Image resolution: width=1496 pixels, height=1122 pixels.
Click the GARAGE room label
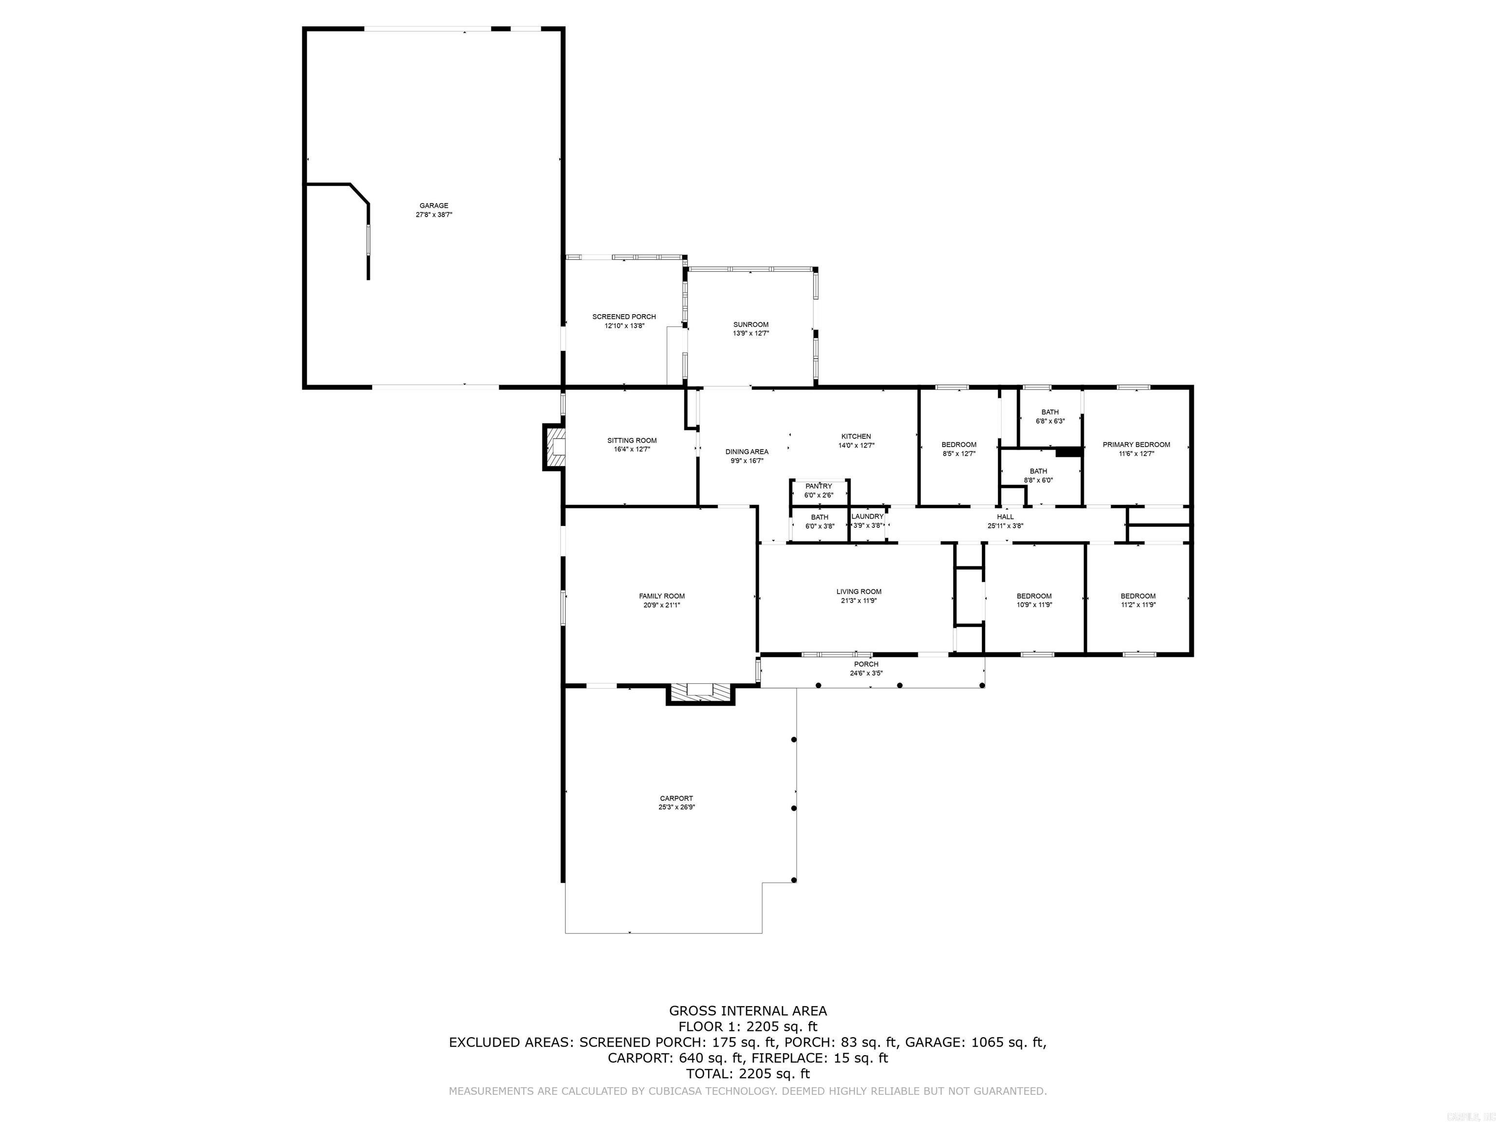tap(433, 206)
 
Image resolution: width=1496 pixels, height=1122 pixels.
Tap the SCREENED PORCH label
tap(623, 317)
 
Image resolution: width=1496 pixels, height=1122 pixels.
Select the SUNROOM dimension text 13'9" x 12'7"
tap(751, 334)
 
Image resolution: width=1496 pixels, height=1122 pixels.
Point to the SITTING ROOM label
tap(632, 440)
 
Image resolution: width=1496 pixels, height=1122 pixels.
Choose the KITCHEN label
tap(856, 436)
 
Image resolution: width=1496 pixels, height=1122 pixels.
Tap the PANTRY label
tap(818, 486)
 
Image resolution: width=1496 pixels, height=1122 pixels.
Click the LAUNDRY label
tap(867, 517)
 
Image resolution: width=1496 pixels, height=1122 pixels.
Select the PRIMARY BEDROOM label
tap(1136, 444)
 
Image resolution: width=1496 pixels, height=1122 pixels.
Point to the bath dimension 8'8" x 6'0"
tap(1038, 480)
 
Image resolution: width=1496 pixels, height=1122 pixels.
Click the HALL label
tap(1005, 517)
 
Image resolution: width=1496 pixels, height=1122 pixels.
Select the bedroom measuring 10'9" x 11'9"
tap(1034, 600)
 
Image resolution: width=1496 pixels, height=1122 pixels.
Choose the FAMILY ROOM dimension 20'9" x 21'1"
tap(661, 605)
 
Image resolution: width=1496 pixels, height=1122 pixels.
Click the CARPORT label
tap(676, 798)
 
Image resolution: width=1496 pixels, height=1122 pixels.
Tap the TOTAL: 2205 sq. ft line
tap(748, 1073)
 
